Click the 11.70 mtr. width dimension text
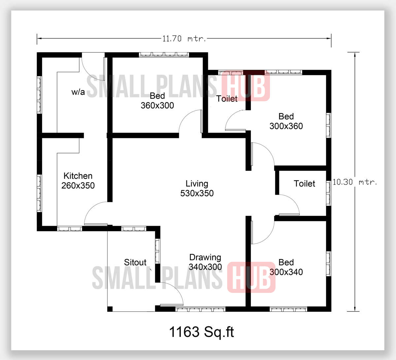[x=184, y=39]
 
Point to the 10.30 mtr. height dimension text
[x=354, y=182]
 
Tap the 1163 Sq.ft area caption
[x=201, y=332]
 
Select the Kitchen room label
[x=78, y=176]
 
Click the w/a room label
[x=78, y=92]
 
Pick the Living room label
[x=197, y=184]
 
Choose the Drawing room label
[x=205, y=257]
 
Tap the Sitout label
[x=135, y=262]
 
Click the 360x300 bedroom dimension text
[x=157, y=106]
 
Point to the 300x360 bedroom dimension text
[x=286, y=126]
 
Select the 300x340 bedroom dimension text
[x=286, y=272]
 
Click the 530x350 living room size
[x=197, y=193]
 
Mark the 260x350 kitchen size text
[x=78, y=185]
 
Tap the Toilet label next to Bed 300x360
[x=227, y=99]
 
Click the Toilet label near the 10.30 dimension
[x=304, y=183]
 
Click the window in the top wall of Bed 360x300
[x=164, y=55]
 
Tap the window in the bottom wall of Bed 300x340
[x=288, y=310]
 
